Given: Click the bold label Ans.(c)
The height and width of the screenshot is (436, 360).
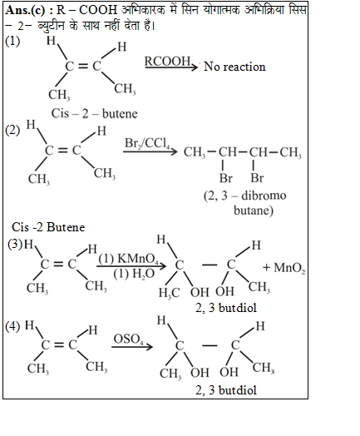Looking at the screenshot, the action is coord(25,10).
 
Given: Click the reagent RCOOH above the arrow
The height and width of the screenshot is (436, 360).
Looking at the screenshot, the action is coord(167,61).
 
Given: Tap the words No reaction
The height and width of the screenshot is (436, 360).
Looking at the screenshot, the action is coord(234,67).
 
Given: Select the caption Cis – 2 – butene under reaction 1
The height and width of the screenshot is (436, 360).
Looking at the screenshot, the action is coord(94,113).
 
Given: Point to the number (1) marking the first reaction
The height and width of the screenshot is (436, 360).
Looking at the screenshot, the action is coord(12,41).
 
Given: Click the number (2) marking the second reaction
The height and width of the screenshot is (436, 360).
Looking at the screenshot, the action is coord(12,130).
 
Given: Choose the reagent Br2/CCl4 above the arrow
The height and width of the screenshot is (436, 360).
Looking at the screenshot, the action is coord(147,143).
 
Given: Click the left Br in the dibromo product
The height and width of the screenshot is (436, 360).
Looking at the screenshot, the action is coord(226,178).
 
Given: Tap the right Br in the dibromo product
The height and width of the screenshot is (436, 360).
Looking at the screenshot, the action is coord(257,178).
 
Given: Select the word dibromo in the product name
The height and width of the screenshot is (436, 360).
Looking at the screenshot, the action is coord(264,196).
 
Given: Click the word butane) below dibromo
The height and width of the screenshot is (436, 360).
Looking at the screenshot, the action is coord(254,211).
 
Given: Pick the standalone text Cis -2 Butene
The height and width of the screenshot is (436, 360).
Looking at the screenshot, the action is coord(48,227).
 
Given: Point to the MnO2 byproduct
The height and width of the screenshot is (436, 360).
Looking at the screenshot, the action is coord(289,268).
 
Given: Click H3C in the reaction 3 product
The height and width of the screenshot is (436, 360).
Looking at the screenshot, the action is coord(169,293).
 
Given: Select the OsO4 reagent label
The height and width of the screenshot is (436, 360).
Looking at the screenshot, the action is coord(128,339).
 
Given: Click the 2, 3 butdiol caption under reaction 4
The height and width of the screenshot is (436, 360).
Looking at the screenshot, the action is coord(226,390).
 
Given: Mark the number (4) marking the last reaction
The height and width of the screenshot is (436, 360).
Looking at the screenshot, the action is coord(12,326).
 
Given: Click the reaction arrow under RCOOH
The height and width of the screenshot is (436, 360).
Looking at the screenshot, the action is coord(171,67).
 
